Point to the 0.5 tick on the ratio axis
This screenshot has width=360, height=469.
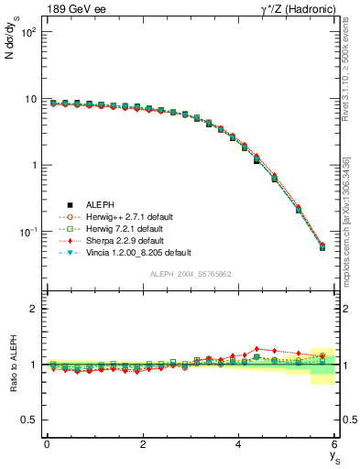tap(29, 420)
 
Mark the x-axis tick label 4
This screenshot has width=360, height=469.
tap(239, 444)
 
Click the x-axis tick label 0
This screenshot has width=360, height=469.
tap(47, 444)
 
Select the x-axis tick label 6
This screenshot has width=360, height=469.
tap(335, 444)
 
